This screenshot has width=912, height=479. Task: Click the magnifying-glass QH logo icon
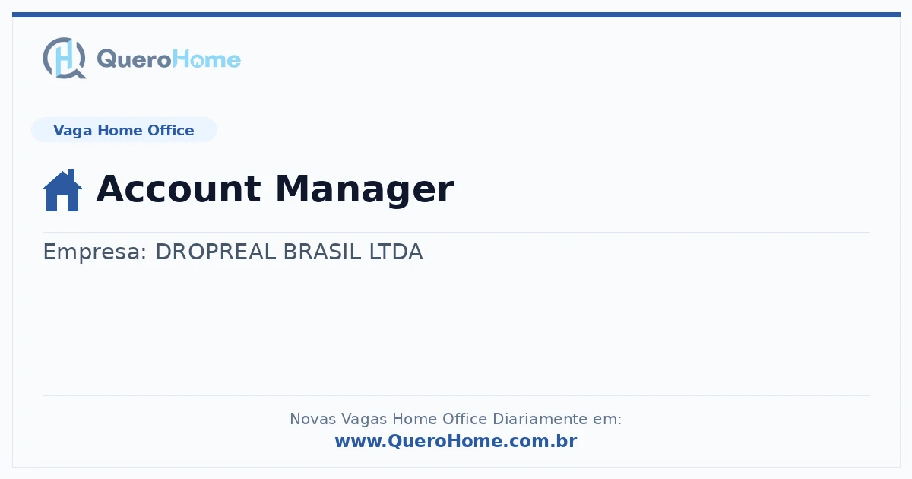click(x=65, y=58)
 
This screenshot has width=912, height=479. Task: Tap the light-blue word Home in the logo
click(x=207, y=59)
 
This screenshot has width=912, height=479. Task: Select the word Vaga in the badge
click(x=72, y=131)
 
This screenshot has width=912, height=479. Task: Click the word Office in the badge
click(x=170, y=130)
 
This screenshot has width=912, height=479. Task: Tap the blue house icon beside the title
click(x=62, y=190)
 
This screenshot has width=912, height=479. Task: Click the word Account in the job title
click(x=179, y=189)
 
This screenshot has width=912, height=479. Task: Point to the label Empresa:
click(x=94, y=252)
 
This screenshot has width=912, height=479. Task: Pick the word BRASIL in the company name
click(x=322, y=252)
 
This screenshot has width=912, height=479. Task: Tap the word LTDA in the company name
click(x=396, y=252)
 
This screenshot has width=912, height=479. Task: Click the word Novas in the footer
click(x=312, y=419)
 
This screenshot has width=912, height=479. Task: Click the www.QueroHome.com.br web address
click(x=456, y=441)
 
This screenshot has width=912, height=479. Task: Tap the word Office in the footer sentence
click(x=464, y=419)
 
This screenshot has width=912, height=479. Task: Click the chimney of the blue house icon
click(x=71, y=175)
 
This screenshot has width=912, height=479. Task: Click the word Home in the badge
click(x=120, y=130)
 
